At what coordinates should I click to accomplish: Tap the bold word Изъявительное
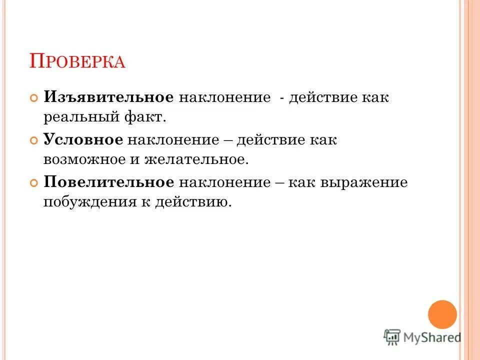pyautogui.click(x=108, y=97)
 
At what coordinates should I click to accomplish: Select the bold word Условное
pyautogui.click(x=83, y=139)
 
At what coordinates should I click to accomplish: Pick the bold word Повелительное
pyautogui.click(x=109, y=182)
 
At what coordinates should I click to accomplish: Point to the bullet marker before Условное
pyautogui.click(x=34, y=140)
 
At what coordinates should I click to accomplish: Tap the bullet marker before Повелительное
pyautogui.click(x=34, y=183)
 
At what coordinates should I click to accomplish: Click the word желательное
pyautogui.click(x=196, y=160)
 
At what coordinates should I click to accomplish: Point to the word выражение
pyautogui.click(x=370, y=182)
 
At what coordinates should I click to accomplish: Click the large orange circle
pyautogui.click(x=442, y=314)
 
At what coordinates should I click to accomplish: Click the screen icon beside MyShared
pyautogui.click(x=392, y=336)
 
